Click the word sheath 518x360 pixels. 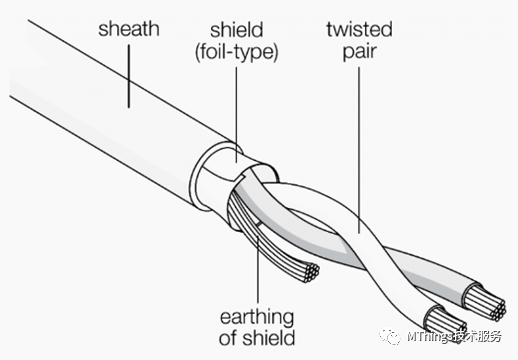click(x=129, y=29)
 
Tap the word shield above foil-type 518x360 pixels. click(x=237, y=30)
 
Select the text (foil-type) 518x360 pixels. click(x=236, y=52)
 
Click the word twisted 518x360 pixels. click(x=359, y=29)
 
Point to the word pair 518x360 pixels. click(x=360, y=52)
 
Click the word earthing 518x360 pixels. click(x=257, y=317)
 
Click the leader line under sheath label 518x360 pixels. click(x=129, y=76)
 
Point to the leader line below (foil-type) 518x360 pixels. click(x=237, y=115)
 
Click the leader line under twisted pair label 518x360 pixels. click(x=359, y=150)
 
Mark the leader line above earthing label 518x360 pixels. click(x=258, y=265)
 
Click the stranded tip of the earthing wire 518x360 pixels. click(x=309, y=273)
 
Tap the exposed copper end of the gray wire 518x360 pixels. click(x=486, y=302)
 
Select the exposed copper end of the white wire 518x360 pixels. click(x=445, y=321)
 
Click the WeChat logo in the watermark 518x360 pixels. click(x=390, y=336)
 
